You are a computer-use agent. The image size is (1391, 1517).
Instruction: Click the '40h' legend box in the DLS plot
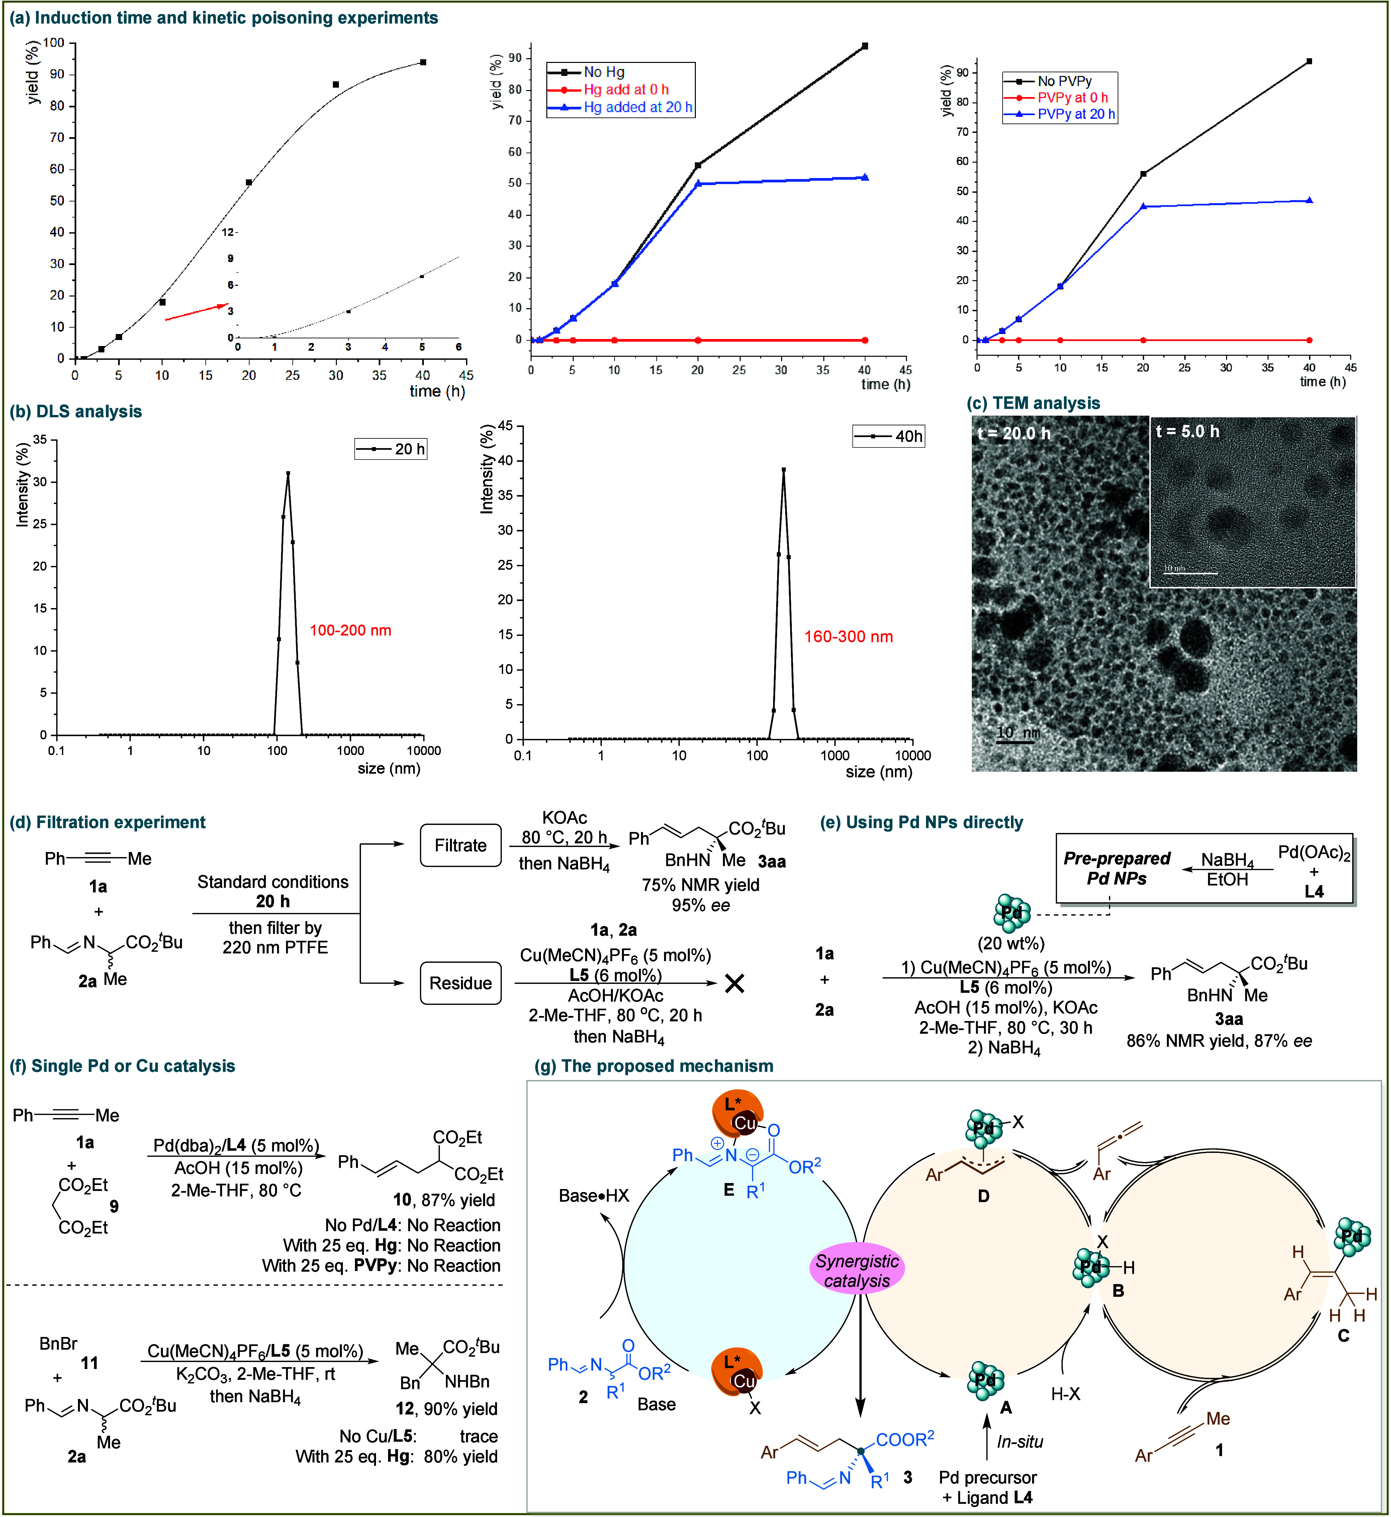[x=888, y=437]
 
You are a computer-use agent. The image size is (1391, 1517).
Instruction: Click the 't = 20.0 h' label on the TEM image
[x=1014, y=434]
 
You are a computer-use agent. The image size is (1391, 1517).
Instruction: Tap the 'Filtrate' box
[x=461, y=845]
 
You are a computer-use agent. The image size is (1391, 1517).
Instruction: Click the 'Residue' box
[x=461, y=983]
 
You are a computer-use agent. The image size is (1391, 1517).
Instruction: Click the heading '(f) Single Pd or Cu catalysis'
[x=122, y=1066]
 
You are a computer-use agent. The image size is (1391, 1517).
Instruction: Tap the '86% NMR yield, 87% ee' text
[x=1219, y=1041]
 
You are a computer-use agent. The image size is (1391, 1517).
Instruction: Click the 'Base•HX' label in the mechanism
[x=594, y=1195]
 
